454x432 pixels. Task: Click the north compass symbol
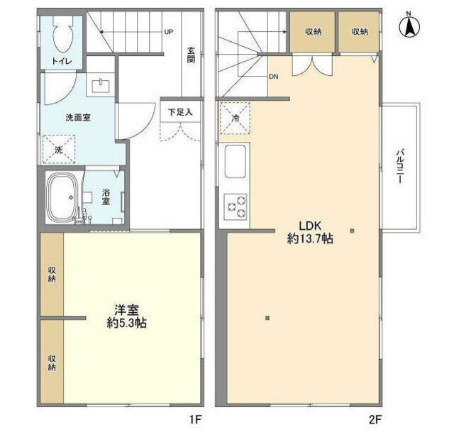[x=410, y=26]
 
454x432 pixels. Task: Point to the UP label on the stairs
[x=169, y=32]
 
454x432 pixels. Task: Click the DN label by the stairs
[x=273, y=77]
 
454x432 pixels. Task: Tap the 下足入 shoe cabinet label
[x=175, y=112]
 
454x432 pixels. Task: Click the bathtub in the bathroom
[x=64, y=196]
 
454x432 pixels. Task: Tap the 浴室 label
[x=106, y=196]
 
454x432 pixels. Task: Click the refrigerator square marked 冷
[x=236, y=118]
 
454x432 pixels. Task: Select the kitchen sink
[x=236, y=162]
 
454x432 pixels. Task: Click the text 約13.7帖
[x=310, y=239]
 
